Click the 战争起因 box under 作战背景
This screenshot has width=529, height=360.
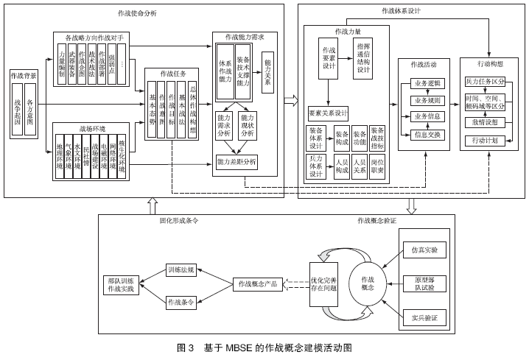click(x=17, y=110)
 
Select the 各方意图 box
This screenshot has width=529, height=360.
click(x=30, y=110)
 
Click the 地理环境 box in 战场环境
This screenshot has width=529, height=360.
click(x=59, y=157)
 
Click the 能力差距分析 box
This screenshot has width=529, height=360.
click(x=237, y=161)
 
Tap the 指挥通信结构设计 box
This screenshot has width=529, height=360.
click(x=363, y=57)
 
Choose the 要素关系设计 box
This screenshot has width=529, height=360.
click(x=328, y=114)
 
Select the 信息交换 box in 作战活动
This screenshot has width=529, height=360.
click(x=427, y=135)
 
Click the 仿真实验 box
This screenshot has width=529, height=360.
click(x=424, y=250)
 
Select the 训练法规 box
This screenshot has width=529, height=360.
click(x=180, y=270)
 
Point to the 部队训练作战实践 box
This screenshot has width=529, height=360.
click(x=121, y=285)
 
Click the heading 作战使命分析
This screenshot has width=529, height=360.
click(x=136, y=13)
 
